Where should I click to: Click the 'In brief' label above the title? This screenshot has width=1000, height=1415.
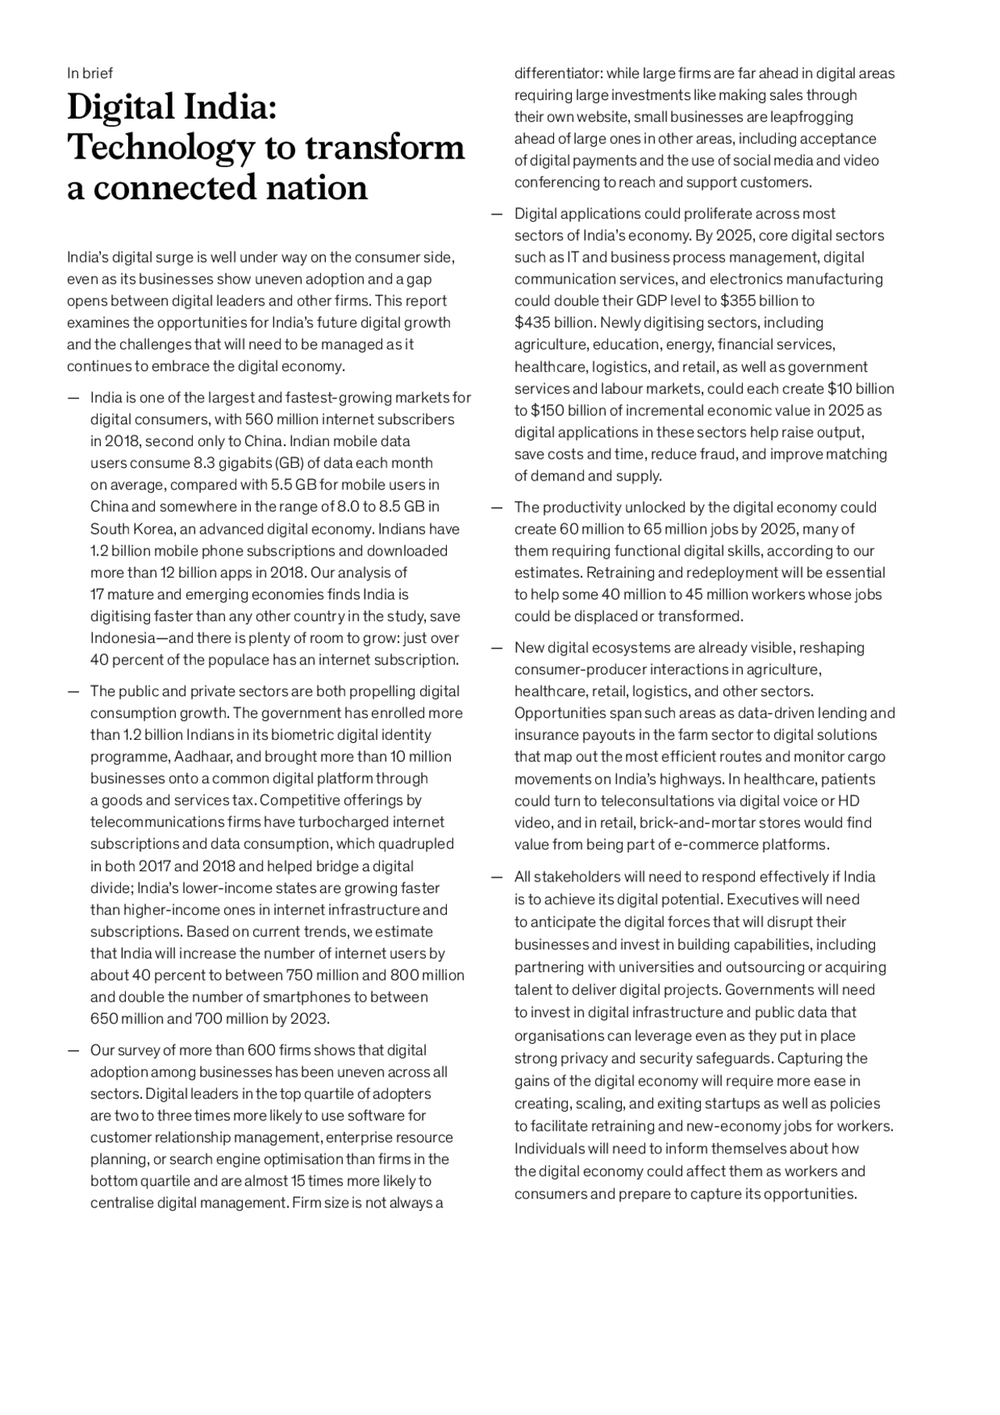point(89,73)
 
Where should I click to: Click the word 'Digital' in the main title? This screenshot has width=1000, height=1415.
point(120,107)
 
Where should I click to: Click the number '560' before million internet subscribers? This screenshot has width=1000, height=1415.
point(259,420)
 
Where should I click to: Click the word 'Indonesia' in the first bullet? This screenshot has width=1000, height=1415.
point(123,638)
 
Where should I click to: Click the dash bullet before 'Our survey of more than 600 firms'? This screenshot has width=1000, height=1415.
point(73,1051)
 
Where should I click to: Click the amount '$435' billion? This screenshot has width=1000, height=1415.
point(532,323)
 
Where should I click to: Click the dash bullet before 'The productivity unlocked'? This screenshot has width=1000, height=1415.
point(497,508)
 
